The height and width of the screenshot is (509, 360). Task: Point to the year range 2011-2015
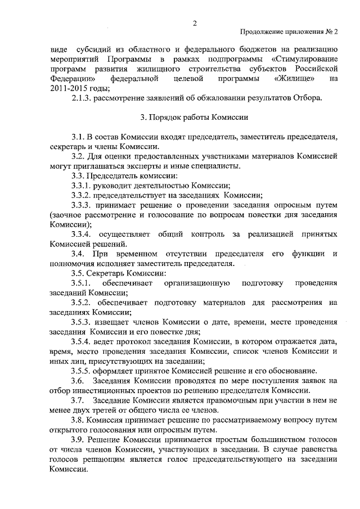point(67,89)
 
